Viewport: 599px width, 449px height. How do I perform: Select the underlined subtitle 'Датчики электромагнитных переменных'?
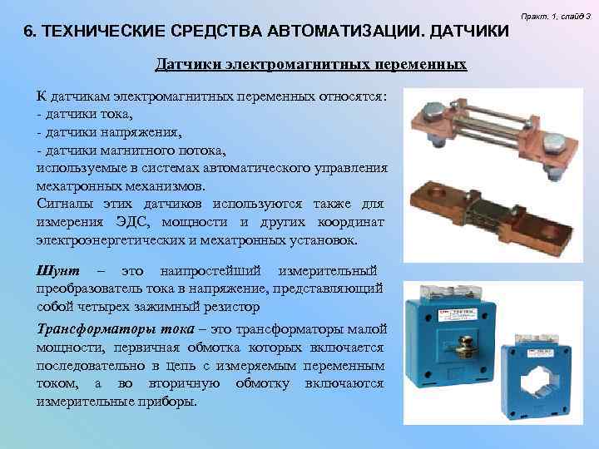click(311, 64)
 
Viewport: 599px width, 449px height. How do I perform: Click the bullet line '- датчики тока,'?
click(84, 114)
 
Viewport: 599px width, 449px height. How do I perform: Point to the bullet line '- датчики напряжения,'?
click(108, 131)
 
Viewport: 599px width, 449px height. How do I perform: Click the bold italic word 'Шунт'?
click(57, 271)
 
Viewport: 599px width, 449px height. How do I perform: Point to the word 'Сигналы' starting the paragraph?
click(64, 205)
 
